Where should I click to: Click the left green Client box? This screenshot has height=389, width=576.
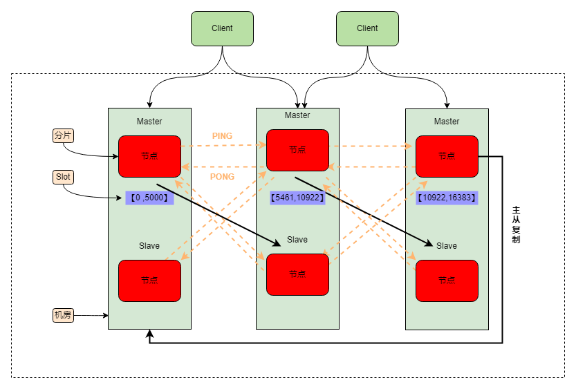[x=222, y=28]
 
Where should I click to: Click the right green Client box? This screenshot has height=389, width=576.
[x=367, y=28]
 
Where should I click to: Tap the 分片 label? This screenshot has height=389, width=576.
[x=63, y=135]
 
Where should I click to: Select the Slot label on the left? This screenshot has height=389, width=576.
[x=63, y=177]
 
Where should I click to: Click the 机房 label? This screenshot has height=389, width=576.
[x=63, y=315]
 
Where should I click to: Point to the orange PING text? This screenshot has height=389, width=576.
[x=222, y=136]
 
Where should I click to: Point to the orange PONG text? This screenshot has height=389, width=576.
[x=222, y=177]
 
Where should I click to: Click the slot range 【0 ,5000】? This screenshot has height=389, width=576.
[x=149, y=198]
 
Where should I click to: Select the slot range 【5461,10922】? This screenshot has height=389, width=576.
[x=297, y=198]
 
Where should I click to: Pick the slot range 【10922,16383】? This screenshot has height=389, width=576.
[x=447, y=198]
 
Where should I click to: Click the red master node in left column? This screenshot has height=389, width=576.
[x=149, y=156]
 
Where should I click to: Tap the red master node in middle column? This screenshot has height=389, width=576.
[x=297, y=150]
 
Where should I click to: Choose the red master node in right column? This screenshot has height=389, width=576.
[x=447, y=156]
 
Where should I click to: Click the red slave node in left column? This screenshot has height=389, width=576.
[x=149, y=281]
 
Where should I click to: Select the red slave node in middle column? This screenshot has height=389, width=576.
[x=297, y=274]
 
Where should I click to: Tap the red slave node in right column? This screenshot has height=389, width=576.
[x=447, y=281]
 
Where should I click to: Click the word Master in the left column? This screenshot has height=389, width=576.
[x=149, y=122]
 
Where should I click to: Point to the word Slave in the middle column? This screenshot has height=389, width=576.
[x=297, y=240]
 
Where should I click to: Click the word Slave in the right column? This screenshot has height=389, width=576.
[x=447, y=246]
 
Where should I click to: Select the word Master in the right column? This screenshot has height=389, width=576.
[x=447, y=122]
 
